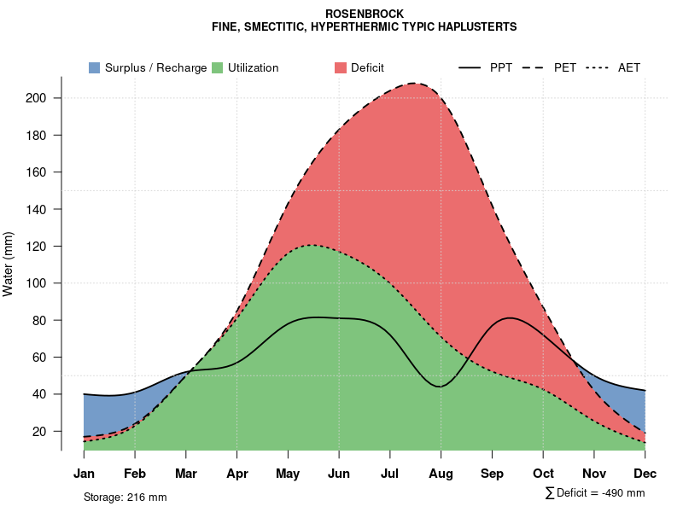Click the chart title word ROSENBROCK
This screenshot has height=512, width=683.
point(365,14)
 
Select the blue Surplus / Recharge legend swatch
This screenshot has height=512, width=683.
point(94,67)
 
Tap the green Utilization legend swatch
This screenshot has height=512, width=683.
point(217,67)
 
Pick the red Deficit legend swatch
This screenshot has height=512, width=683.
point(340,67)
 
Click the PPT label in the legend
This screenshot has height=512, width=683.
point(501,67)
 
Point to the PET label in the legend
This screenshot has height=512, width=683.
point(565,67)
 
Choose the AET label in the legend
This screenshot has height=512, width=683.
point(629,67)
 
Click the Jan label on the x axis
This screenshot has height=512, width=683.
point(84,474)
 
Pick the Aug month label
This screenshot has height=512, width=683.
point(441,474)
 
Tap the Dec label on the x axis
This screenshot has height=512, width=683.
point(645,474)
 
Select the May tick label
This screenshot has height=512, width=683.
point(288,474)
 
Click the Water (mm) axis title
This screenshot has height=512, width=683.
point(9,264)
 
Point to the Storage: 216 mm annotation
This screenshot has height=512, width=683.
point(125,497)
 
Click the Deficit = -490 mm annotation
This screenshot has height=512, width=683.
point(595,493)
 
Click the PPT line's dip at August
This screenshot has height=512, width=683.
point(440,387)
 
